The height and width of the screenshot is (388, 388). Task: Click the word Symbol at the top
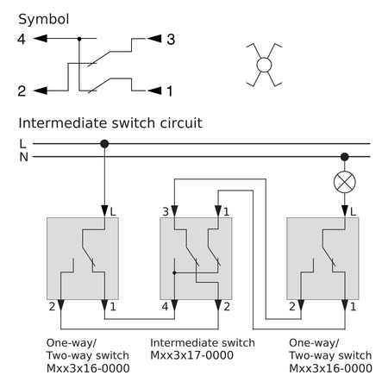pyautogui.click(x=44, y=20)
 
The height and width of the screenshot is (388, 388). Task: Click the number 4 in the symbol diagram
pyautogui.click(x=22, y=39)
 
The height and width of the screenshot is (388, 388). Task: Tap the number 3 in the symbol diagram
pyautogui.click(x=171, y=40)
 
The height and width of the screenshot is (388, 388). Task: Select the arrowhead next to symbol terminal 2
pyautogui.click(x=41, y=91)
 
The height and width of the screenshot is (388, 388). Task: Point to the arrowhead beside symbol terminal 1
pyautogui.click(x=154, y=91)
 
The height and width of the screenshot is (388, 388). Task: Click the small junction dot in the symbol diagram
pyautogui.click(x=79, y=39)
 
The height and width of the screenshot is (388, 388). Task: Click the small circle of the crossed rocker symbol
pyautogui.click(x=264, y=65)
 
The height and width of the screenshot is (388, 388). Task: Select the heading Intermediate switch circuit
pyautogui.click(x=110, y=123)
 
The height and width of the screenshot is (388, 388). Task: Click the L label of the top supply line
pyautogui.click(x=22, y=143)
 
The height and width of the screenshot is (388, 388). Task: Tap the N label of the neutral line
pyautogui.click(x=24, y=157)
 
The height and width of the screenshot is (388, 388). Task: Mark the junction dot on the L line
pyautogui.click(x=104, y=144)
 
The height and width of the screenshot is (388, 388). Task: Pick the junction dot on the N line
pyautogui.click(x=345, y=157)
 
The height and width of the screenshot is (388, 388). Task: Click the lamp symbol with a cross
pyautogui.click(x=345, y=182)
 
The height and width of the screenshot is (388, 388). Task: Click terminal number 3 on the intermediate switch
pyautogui.click(x=166, y=212)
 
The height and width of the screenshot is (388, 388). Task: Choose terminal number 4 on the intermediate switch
pyautogui.click(x=165, y=307)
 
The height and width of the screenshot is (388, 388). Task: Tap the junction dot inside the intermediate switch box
pyautogui.click(x=174, y=272)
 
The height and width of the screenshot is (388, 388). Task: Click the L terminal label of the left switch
pyautogui.click(x=113, y=212)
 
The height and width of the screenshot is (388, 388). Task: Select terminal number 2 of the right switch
pyautogui.click(x=292, y=307)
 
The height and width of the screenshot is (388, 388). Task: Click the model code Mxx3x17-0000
pyautogui.click(x=192, y=355)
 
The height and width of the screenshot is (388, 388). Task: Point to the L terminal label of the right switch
pyautogui.click(x=353, y=212)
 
